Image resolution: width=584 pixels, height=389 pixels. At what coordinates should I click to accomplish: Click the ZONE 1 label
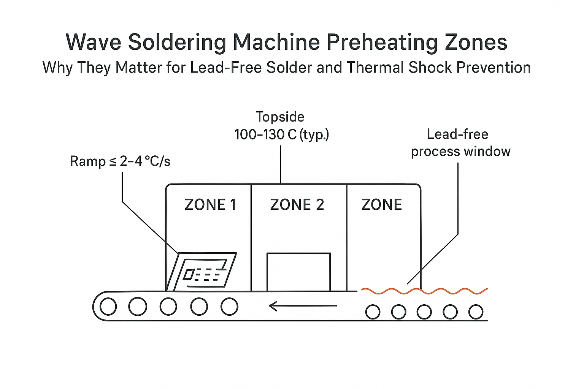(210, 205)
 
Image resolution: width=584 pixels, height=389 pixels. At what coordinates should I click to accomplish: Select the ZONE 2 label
(297, 205)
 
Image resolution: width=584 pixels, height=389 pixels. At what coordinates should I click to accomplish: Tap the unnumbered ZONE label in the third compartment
(381, 205)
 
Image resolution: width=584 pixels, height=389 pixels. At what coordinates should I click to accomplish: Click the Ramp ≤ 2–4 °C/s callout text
(120, 161)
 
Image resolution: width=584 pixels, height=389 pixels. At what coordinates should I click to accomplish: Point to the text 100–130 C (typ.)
(281, 134)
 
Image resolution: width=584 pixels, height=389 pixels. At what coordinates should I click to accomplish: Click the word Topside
(280, 117)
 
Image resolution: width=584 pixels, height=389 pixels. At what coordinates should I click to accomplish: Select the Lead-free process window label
(460, 143)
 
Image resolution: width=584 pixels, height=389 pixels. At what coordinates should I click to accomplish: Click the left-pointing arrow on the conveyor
(302, 305)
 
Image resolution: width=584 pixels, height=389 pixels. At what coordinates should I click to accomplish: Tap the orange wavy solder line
(424, 291)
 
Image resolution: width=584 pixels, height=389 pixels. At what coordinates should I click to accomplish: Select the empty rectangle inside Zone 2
(298, 272)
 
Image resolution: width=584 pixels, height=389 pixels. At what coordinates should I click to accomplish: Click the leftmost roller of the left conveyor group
(108, 307)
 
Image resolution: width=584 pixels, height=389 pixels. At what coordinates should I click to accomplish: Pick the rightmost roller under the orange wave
(476, 312)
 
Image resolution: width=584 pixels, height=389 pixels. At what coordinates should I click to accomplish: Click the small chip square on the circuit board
(189, 274)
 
